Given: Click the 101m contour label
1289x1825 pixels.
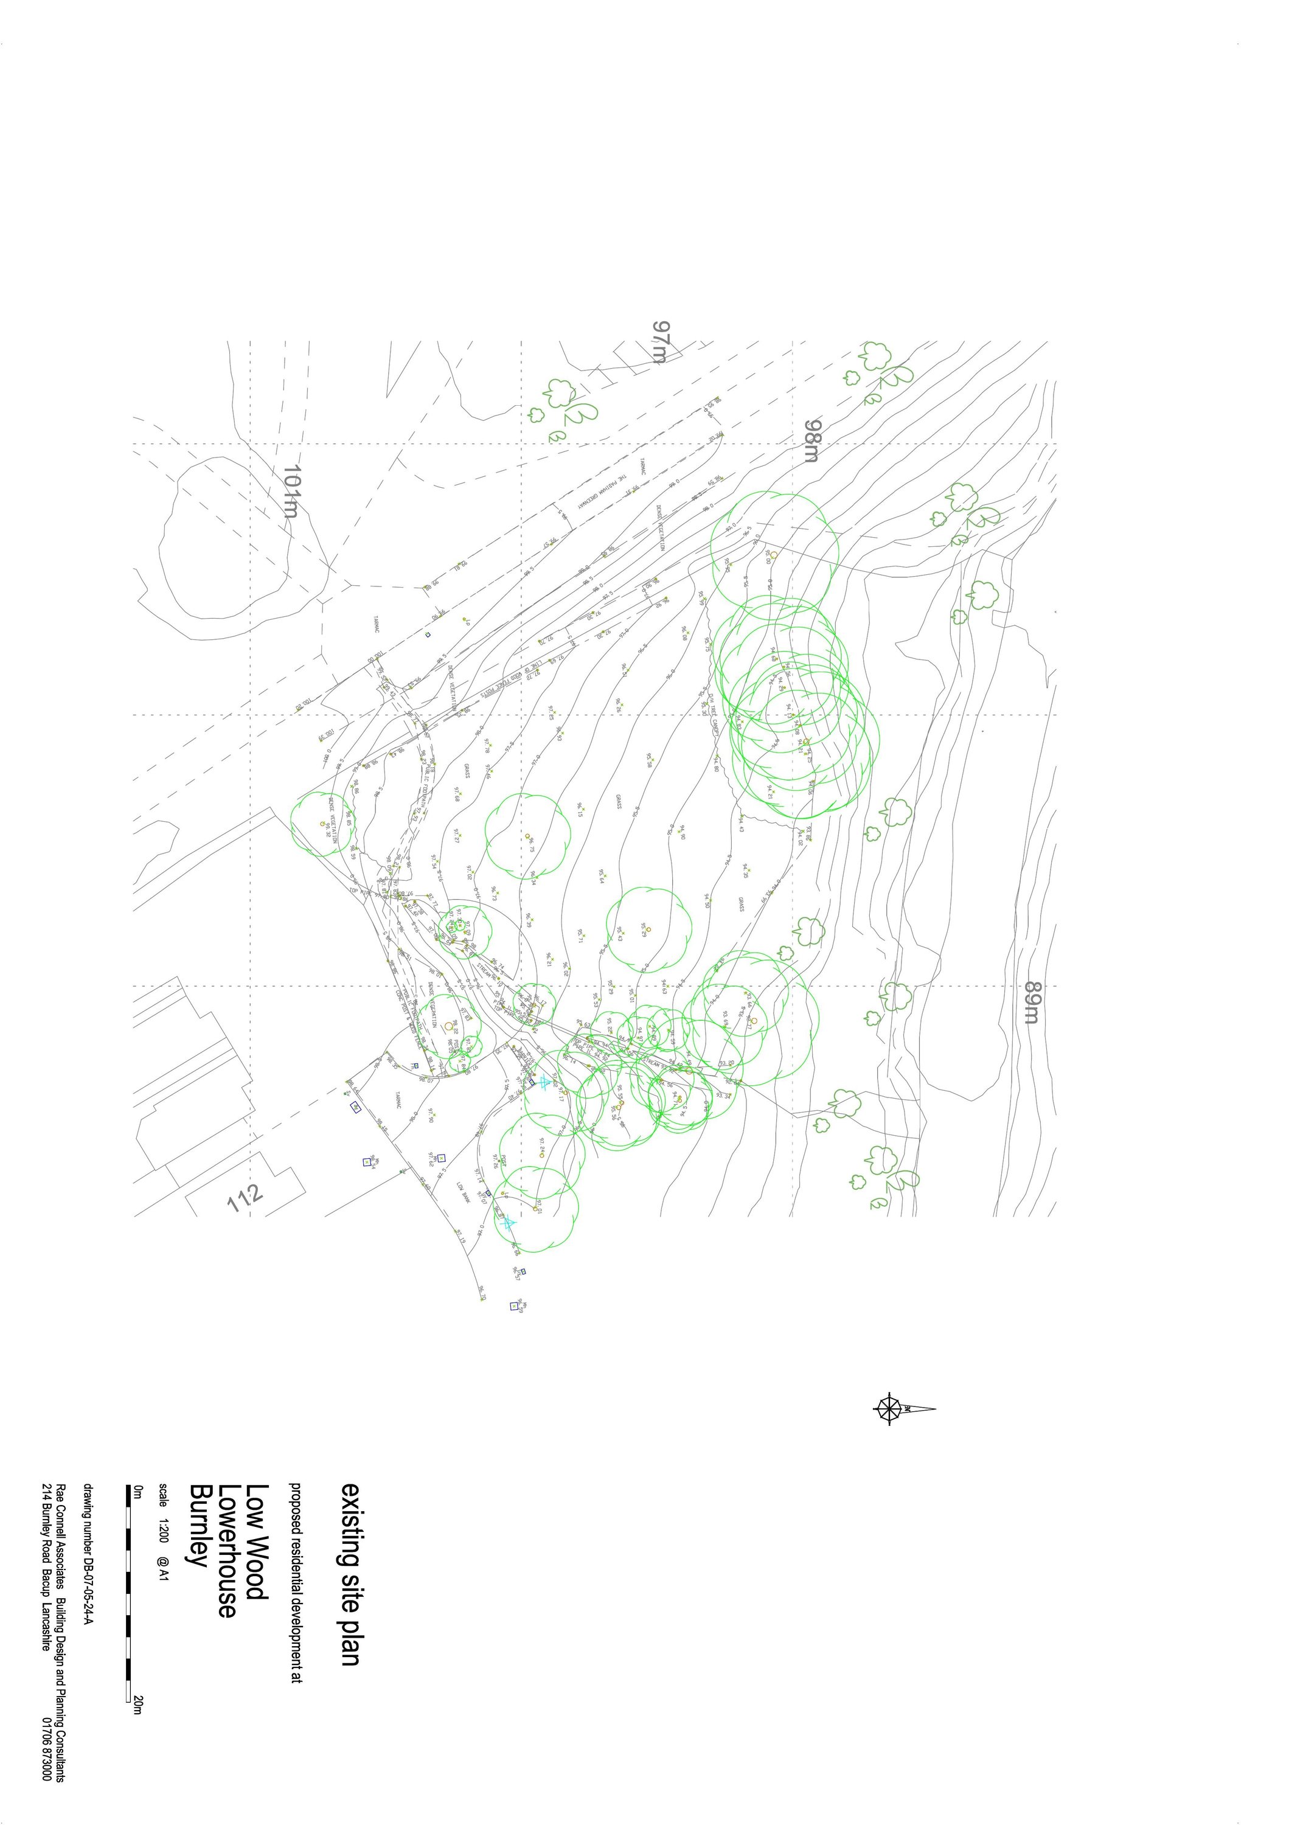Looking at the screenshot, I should point(291,491).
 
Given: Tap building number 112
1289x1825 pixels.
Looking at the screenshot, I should point(245,1198).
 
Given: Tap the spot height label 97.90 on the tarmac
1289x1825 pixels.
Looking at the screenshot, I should point(431,1115).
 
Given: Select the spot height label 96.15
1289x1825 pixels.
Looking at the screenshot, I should point(580,809).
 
